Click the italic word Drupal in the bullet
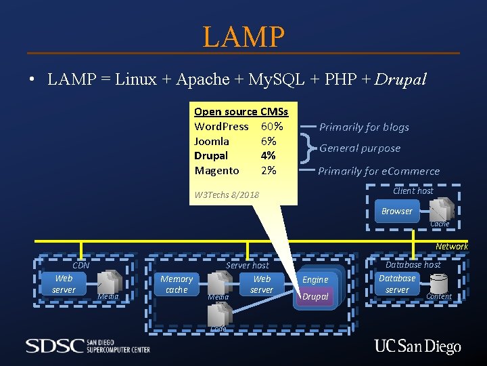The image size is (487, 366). [401, 79]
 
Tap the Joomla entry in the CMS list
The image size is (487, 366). [212, 141]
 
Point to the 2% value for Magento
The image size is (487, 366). [269, 171]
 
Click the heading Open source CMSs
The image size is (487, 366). [241, 112]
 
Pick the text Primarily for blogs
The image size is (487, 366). [364, 127]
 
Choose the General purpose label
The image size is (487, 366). [360, 148]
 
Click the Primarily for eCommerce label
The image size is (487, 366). [379, 171]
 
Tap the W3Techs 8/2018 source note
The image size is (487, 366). [227, 196]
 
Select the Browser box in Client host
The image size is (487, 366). [396, 211]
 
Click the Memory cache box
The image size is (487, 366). [177, 284]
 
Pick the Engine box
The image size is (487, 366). [315, 279]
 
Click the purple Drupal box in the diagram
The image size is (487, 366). [315, 297]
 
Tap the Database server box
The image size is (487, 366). [397, 284]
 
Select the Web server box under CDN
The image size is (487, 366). [64, 284]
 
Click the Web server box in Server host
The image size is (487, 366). [262, 284]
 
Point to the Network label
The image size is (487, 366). [451, 247]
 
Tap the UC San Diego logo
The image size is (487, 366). [417, 347]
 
